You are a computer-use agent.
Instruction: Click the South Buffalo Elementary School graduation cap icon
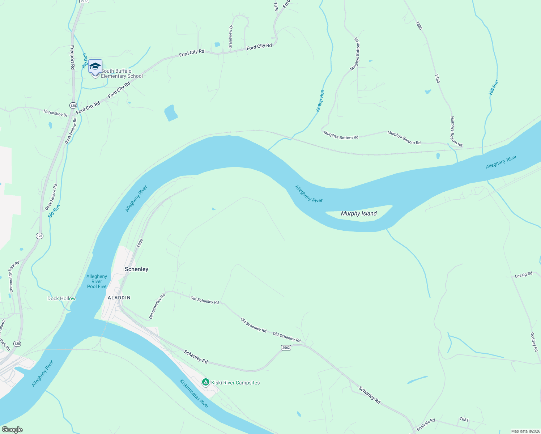pos(95,67)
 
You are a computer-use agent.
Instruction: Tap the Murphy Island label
pos(359,214)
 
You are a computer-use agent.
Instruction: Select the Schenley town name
pos(136,269)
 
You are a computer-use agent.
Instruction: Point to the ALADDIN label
pos(119,298)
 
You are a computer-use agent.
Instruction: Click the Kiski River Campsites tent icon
pos(206,382)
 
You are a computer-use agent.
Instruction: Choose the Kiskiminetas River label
pos(195,393)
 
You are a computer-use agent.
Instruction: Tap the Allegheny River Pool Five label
pos(97,281)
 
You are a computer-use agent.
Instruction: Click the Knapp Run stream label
pos(320,101)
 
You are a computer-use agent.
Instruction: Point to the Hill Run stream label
pos(494,88)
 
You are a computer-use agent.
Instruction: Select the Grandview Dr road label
pos(231,37)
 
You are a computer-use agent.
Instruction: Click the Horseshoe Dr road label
pos(55,113)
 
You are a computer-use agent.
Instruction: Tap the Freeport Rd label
pos(72,57)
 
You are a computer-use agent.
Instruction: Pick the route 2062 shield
pos(286,348)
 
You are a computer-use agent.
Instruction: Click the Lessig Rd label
pos(523,275)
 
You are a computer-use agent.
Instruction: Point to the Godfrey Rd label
pos(534,342)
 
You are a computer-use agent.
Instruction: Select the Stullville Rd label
pos(426,425)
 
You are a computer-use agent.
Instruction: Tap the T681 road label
pos(464,420)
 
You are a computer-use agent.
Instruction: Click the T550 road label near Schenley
pos(140,243)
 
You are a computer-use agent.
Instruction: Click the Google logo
pos(12,430)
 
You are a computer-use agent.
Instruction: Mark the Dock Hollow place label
pos(61,298)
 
